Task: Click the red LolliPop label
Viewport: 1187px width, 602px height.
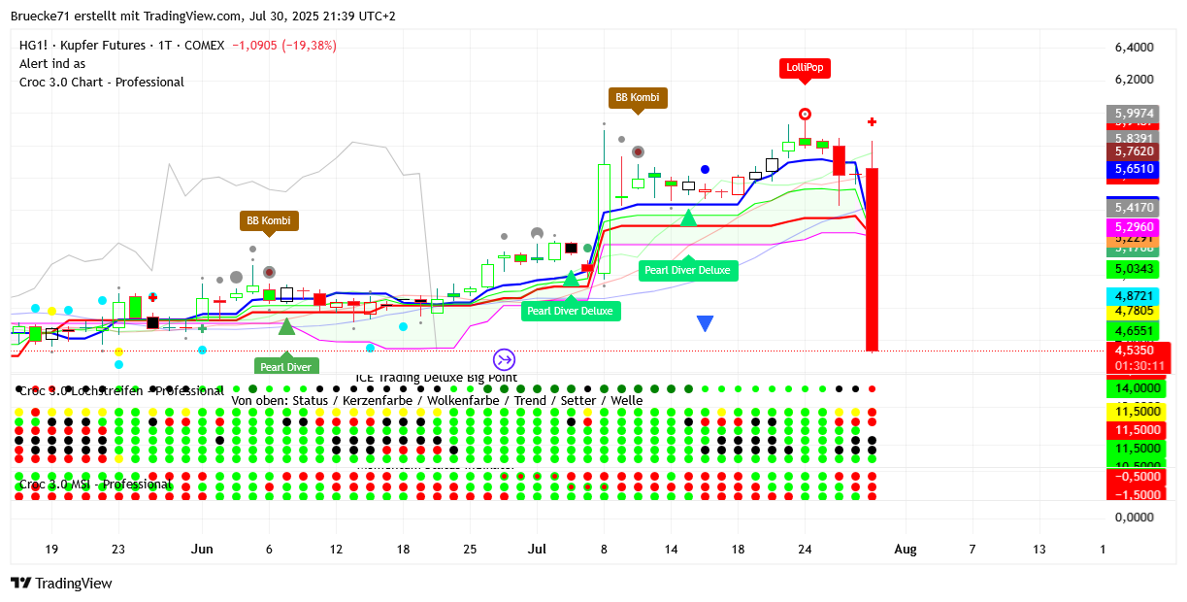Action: point(805,68)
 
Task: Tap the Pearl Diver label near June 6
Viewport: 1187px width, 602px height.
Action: point(286,366)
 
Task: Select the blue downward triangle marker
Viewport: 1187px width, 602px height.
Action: point(706,323)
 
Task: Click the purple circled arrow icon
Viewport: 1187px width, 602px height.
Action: point(504,359)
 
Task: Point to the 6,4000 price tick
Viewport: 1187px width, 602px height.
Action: point(1134,47)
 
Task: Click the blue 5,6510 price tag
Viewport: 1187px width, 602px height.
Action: point(1134,168)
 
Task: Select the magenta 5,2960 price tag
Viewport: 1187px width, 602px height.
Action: point(1134,226)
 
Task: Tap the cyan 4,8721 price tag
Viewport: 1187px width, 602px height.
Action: point(1134,294)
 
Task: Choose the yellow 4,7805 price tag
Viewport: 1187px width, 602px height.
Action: point(1134,311)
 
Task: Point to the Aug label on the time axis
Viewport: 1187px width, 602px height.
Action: point(905,549)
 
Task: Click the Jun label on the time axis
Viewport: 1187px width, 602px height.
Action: point(202,549)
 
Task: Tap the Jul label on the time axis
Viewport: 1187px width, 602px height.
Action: point(536,549)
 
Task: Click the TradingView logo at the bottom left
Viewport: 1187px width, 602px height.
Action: point(61,583)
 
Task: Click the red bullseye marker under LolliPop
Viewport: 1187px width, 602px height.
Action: point(805,114)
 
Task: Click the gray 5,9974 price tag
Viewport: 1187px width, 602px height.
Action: point(1134,113)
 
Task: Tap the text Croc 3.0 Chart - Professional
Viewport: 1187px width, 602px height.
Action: point(102,82)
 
